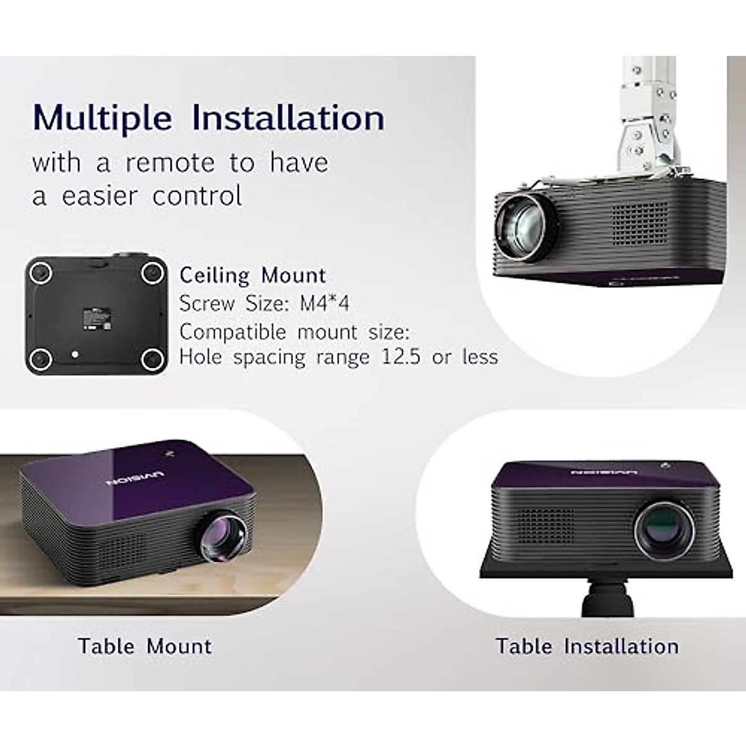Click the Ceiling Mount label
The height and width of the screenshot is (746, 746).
[252, 275]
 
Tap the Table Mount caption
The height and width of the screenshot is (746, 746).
[145, 646]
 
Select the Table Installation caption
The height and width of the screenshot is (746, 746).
[587, 646]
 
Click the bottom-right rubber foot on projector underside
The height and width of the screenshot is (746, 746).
[151, 359]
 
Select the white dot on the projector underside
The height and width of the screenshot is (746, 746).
[75, 354]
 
